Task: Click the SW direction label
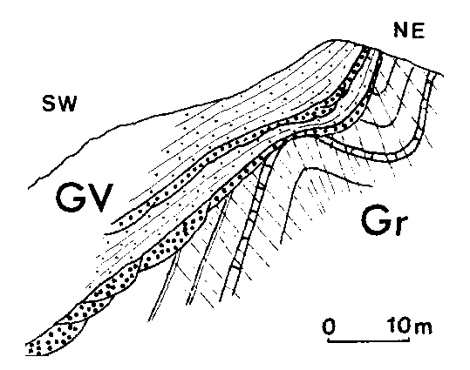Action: pyautogui.click(x=59, y=104)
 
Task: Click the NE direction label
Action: pyautogui.click(x=409, y=30)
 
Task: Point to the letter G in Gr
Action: pyautogui.click(x=375, y=220)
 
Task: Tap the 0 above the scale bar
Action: pyautogui.click(x=329, y=326)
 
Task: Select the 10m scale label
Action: pyautogui.click(x=410, y=326)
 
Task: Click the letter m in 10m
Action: pyautogui.click(x=424, y=328)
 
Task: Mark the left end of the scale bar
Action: pyautogui.click(x=328, y=340)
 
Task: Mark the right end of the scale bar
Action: pyautogui.click(x=409, y=340)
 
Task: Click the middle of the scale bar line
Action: pyautogui.click(x=368, y=340)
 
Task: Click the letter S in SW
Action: pyautogui.click(x=49, y=104)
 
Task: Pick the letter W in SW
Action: pyautogui.click(x=67, y=104)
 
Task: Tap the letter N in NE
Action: pyautogui.click(x=401, y=30)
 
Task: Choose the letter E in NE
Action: pyautogui.click(x=419, y=30)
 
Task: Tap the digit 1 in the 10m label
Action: pyautogui.click(x=392, y=326)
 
